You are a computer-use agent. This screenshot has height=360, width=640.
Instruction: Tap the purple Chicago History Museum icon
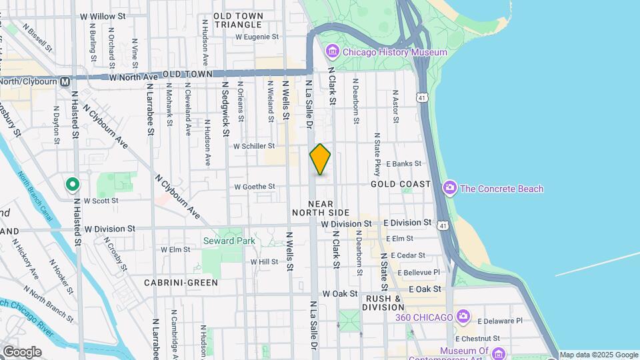[x=331, y=51]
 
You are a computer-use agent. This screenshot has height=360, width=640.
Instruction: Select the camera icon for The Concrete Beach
[x=450, y=189]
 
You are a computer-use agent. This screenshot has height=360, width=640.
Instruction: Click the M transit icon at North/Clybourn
[x=65, y=81]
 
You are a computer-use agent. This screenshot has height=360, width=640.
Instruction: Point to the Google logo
[x=21, y=352]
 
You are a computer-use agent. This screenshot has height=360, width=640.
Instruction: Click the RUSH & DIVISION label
[x=383, y=303]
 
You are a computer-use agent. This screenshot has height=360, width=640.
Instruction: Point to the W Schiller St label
[x=253, y=145]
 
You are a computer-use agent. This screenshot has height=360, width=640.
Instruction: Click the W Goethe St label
[x=254, y=187]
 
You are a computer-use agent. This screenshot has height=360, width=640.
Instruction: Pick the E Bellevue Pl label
[x=415, y=272]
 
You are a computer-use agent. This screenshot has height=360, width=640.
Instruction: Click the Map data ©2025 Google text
[x=598, y=355]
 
